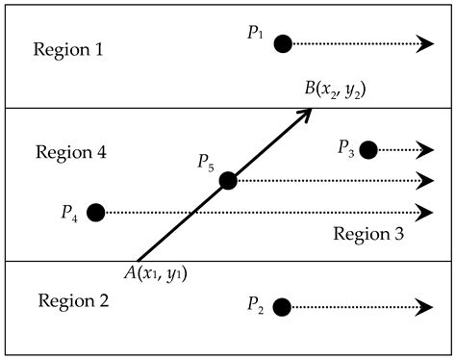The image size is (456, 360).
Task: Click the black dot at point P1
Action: pyautogui.click(x=282, y=43)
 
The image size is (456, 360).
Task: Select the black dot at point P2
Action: pyautogui.click(x=282, y=307)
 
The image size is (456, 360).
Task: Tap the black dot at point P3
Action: pyautogui.click(x=367, y=149)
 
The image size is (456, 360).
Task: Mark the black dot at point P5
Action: pyautogui.click(x=228, y=180)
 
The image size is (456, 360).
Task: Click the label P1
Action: pyautogui.click(x=255, y=34)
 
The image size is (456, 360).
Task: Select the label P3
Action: pyautogui.click(x=345, y=146)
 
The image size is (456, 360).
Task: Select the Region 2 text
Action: pyautogui.click(x=72, y=300)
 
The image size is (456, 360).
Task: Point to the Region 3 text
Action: pyautogui.click(x=367, y=234)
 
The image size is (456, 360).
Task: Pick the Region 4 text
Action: pyautogui.click(x=70, y=152)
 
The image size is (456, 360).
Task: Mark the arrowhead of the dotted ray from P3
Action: pyautogui.click(x=427, y=149)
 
